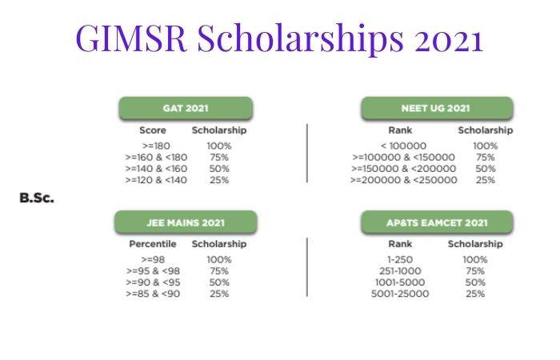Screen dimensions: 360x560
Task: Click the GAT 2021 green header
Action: click(x=186, y=108)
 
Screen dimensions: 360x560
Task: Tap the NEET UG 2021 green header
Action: click(x=436, y=108)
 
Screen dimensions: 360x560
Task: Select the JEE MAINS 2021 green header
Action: click(x=186, y=222)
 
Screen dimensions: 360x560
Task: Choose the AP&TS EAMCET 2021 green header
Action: click(x=436, y=222)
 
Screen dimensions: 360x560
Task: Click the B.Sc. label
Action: click(x=37, y=198)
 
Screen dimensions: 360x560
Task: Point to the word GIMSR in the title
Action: click(x=130, y=38)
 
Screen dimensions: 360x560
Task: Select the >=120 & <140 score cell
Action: click(x=157, y=180)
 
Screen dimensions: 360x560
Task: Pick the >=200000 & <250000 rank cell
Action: click(x=404, y=180)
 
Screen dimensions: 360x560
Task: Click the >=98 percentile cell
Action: click(x=152, y=259)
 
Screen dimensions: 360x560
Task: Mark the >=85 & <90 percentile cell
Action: click(x=152, y=294)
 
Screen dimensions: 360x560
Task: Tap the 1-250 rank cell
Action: click(x=400, y=259)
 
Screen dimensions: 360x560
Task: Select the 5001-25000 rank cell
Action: click(x=400, y=294)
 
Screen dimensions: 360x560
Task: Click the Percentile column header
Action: click(x=152, y=243)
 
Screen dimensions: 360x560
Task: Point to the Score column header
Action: click(x=152, y=130)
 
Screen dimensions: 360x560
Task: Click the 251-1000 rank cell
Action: click(x=400, y=271)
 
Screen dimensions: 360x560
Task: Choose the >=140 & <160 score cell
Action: click(x=157, y=169)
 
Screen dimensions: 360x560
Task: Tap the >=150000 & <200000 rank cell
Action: click(x=404, y=169)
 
